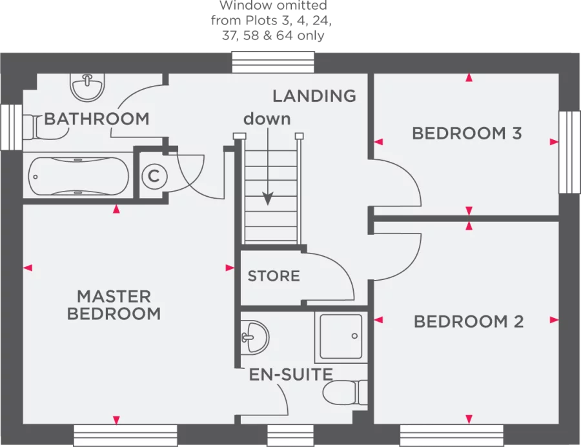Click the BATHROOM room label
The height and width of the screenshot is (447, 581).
coord(97,119)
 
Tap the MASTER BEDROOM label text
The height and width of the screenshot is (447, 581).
coord(114,305)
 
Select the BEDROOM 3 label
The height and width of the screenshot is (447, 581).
coord(467,134)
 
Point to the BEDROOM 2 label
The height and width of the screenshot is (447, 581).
coord(468,321)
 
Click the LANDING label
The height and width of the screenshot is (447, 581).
coord(314,96)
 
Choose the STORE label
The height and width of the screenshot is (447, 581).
coord(274,276)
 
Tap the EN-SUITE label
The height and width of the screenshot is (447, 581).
coord(291,374)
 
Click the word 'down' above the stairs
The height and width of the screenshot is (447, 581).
coord(267,119)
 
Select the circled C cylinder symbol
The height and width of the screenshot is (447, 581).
coord(154,175)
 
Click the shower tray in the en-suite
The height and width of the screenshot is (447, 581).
coord(340,336)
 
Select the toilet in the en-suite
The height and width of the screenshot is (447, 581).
coord(345,392)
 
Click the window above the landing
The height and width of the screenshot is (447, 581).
coord(273,63)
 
